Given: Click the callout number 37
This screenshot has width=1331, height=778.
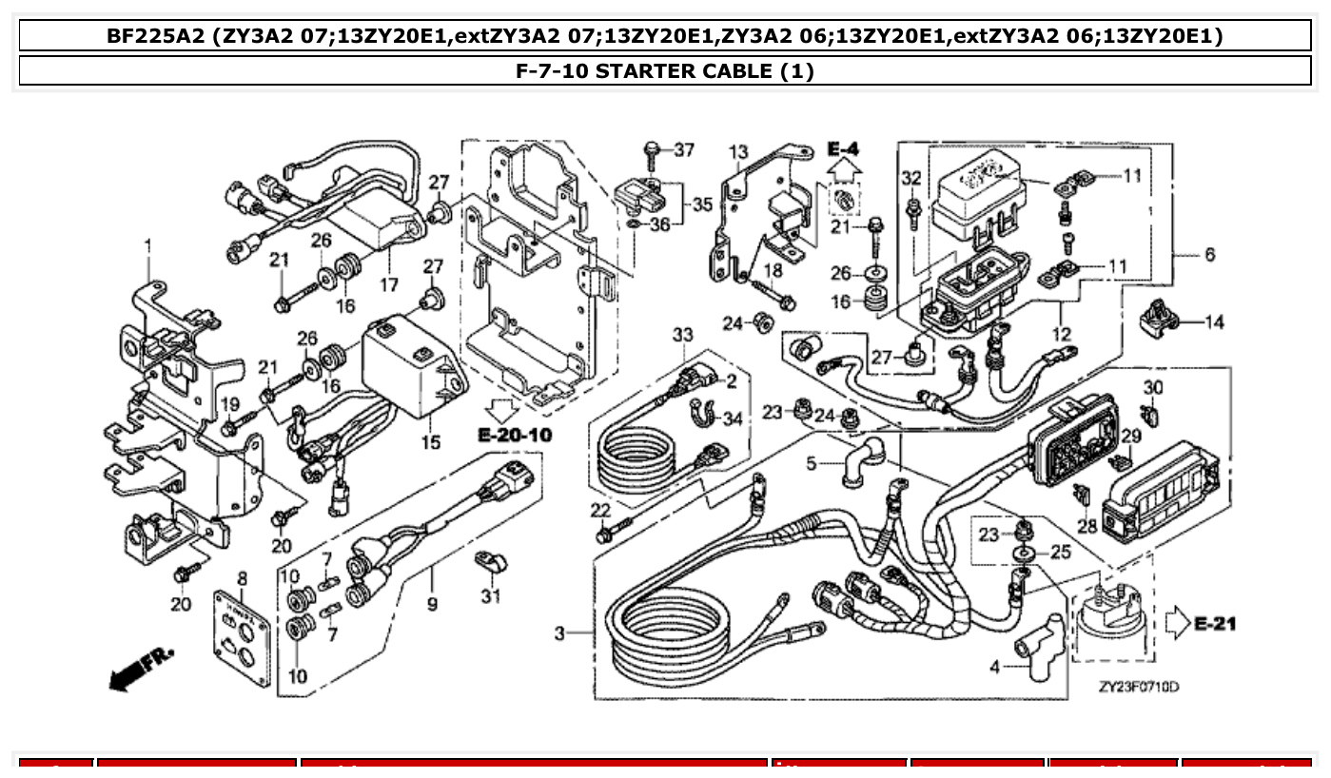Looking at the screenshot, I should (x=685, y=149).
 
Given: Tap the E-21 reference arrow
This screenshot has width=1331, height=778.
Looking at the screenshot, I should (x=1180, y=624).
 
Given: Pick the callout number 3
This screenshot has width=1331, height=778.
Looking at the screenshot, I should (x=559, y=632).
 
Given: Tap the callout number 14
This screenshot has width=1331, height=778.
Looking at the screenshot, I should (x=1214, y=322).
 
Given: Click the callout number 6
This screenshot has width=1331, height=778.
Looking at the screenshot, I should (x=1209, y=255).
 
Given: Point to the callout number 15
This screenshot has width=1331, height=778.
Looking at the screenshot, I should (x=431, y=442).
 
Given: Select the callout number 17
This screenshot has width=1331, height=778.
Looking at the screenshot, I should (x=388, y=284).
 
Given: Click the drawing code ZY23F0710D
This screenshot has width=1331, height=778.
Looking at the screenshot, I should (x=1138, y=687).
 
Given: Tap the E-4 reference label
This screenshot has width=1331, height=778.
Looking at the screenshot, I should (x=842, y=149).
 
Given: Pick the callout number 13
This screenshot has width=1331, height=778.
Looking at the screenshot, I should (x=738, y=152).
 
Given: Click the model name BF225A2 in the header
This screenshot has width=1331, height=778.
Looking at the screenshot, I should (x=155, y=37).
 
